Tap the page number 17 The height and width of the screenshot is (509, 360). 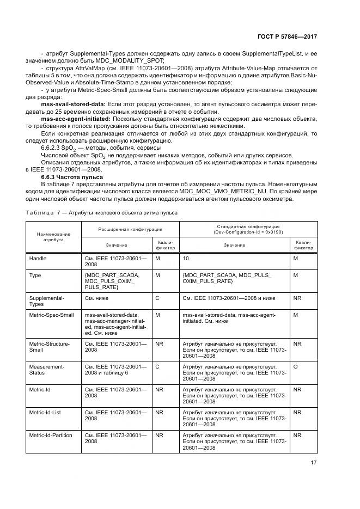point(313,462)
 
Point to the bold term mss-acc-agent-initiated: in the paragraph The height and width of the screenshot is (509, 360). point(76,119)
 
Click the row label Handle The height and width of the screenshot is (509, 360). point(38,258)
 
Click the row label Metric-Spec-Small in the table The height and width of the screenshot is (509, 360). point(51,315)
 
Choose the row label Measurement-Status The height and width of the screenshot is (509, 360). point(46,370)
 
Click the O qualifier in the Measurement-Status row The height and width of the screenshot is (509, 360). point(296,367)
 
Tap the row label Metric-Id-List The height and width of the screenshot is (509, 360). point(45,413)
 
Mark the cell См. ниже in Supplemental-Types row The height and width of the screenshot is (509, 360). point(96,298)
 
